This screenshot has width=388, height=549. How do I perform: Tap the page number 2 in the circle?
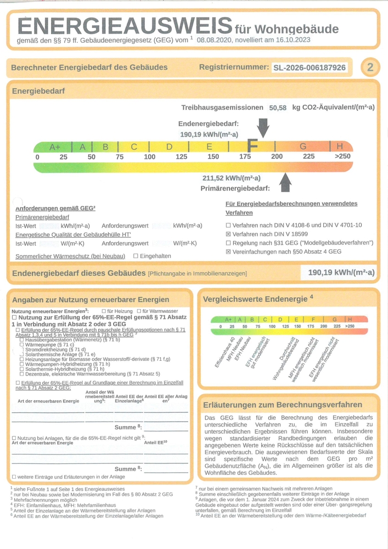370,68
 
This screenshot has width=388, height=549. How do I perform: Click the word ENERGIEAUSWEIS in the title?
125,26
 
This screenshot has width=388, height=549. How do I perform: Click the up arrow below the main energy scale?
285,182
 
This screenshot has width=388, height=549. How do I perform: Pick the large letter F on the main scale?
252,146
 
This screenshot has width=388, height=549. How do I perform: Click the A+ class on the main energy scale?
55,147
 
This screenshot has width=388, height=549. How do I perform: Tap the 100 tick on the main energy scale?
149,157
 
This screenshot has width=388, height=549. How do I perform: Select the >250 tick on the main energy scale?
342,157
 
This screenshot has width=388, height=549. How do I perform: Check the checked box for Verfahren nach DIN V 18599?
228,234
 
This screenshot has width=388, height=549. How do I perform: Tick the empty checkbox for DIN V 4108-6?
228,225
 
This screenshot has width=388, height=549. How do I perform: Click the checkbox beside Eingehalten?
136,256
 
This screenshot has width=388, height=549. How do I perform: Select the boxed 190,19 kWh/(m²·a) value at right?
341,272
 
